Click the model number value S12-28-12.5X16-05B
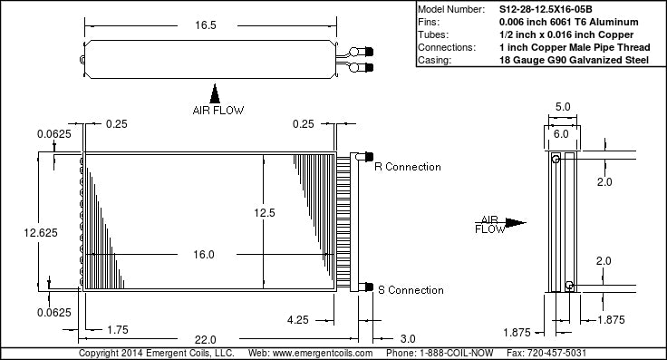coord(546,9)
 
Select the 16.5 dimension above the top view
coord(206,25)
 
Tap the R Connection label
coord(408,167)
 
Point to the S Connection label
coord(411,290)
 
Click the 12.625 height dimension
coord(41,233)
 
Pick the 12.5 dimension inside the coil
coord(265,213)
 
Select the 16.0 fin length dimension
coord(204,255)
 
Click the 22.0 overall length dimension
coord(206,339)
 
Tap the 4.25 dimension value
coord(298,320)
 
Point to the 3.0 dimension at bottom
coord(408,339)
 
